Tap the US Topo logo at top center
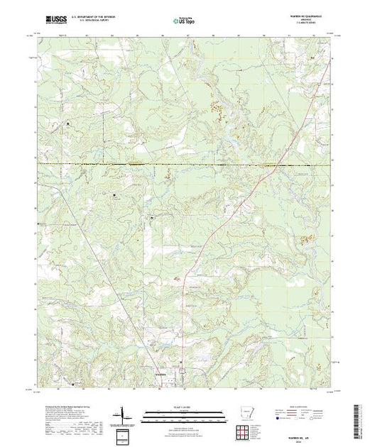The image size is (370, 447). coord(185,21)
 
